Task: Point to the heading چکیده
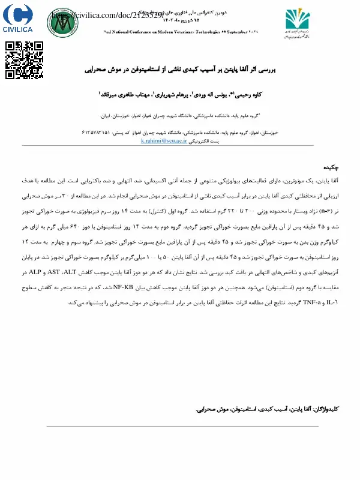(x=332, y=166)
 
